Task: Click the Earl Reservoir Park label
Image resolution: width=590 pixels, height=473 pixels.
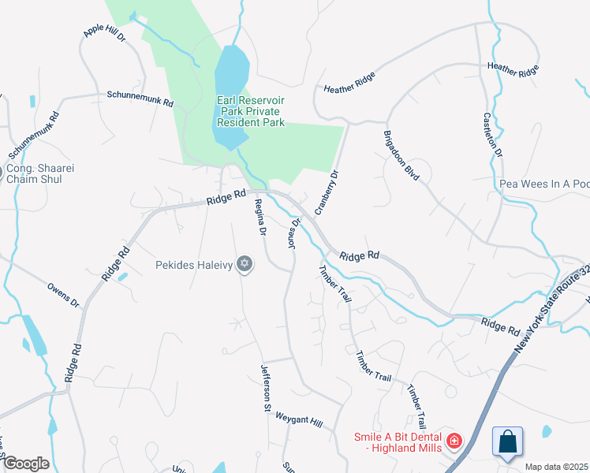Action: [251, 112]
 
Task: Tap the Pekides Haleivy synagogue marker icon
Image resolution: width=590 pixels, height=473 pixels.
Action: [245, 264]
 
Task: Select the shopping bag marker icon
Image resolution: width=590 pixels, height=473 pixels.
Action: [508, 441]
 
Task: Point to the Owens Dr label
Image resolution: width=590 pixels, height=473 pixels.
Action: [63, 296]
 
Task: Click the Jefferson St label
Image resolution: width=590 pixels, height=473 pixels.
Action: [266, 389]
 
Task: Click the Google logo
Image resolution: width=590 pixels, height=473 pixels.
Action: [25, 464]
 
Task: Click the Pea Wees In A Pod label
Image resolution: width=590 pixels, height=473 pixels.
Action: [544, 184]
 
